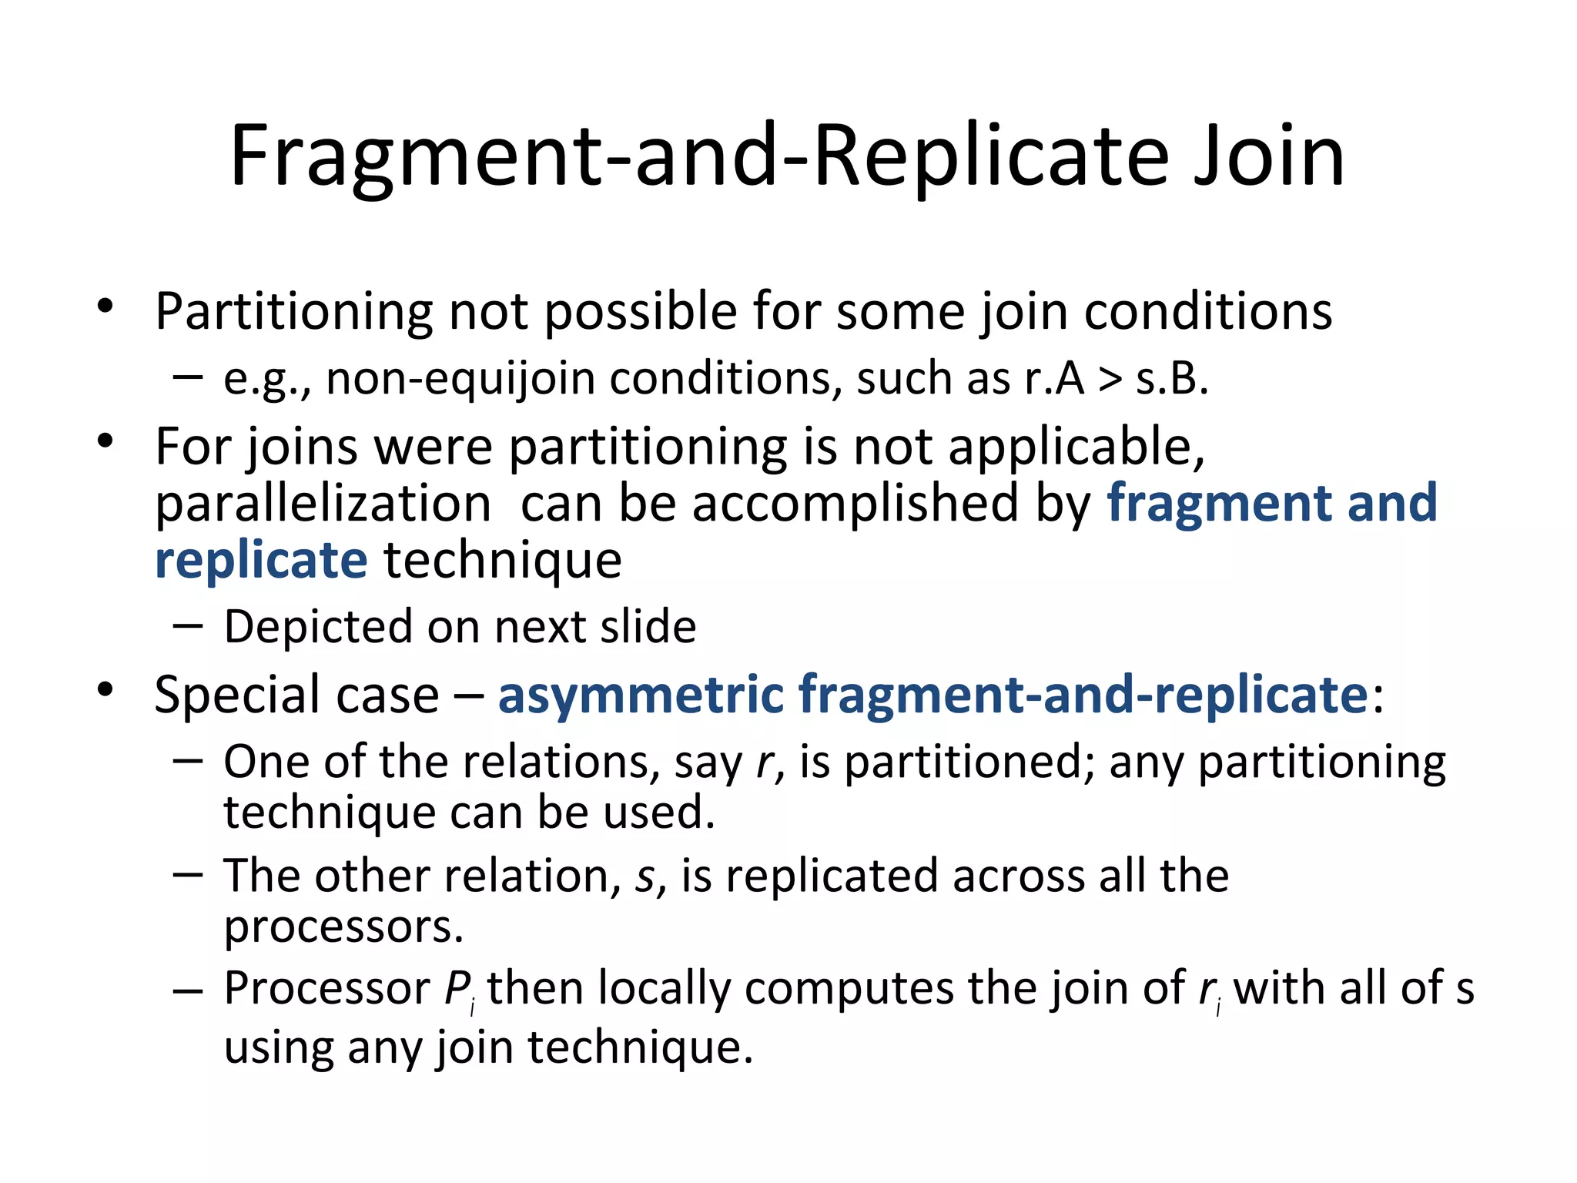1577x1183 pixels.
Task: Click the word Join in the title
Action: [1268, 158]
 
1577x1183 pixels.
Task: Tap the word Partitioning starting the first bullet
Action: [293, 312]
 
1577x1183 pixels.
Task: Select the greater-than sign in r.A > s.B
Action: [1110, 380]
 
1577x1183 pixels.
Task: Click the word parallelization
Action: [323, 504]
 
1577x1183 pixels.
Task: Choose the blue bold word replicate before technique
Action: [261, 560]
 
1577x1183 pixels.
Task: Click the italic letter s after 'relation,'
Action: [644, 876]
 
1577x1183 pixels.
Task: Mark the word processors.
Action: [343, 927]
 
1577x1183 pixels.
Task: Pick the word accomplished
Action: [855, 504]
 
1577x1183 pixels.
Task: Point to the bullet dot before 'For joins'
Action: [105, 442]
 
